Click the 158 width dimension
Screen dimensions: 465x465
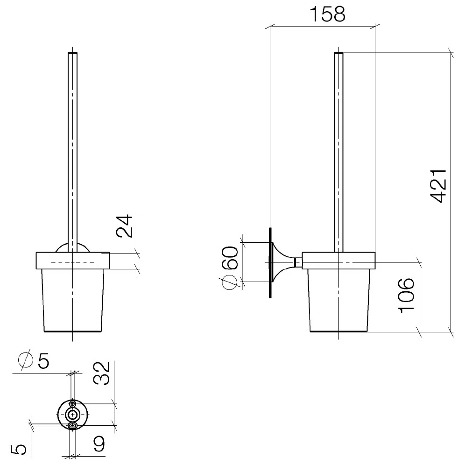[x=327, y=14]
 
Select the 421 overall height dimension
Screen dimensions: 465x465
[x=438, y=186]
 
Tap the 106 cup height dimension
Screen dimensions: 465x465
[x=406, y=296]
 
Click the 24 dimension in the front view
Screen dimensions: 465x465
[x=124, y=225]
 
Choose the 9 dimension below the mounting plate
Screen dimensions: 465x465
[x=99, y=444]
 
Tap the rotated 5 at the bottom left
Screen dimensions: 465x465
[x=19, y=450]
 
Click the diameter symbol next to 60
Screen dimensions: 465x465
[x=228, y=282]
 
